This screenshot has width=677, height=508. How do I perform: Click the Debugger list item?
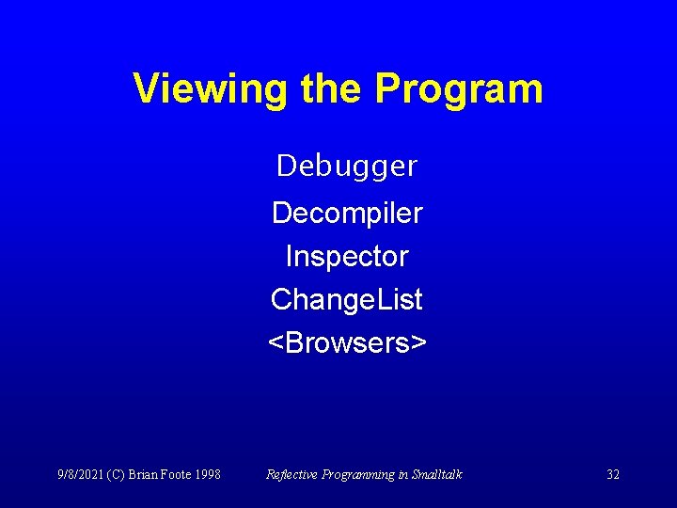[347, 167]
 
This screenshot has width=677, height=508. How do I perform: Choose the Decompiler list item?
[347, 213]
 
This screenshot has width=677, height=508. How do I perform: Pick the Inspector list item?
[347, 256]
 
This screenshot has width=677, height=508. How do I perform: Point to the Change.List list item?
[347, 300]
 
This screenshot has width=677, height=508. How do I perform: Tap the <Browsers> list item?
[347, 343]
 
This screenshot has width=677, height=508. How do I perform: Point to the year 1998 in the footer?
[208, 474]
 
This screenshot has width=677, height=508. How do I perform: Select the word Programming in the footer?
[357, 474]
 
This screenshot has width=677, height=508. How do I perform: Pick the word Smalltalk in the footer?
[436, 474]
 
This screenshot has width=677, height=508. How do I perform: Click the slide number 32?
[613, 474]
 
